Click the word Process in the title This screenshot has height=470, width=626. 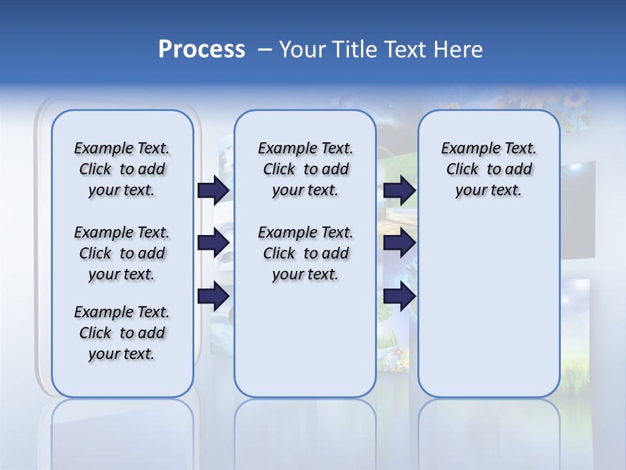click(201, 50)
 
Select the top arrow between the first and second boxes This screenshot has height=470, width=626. click(213, 190)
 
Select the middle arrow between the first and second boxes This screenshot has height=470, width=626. click(213, 243)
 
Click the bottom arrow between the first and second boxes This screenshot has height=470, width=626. click(213, 296)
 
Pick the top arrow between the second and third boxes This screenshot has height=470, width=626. click(399, 190)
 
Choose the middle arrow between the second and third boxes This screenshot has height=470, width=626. click(399, 243)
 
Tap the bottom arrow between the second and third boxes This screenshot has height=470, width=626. click(399, 296)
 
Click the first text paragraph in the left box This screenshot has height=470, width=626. click(121, 169)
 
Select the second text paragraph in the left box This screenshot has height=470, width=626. click(121, 253)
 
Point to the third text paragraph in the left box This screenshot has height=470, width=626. click(121, 333)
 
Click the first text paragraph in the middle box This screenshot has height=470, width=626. click(305, 169)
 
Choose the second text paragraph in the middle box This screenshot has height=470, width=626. click(305, 253)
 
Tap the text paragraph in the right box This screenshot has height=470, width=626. click(488, 169)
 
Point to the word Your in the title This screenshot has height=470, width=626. click(302, 50)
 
